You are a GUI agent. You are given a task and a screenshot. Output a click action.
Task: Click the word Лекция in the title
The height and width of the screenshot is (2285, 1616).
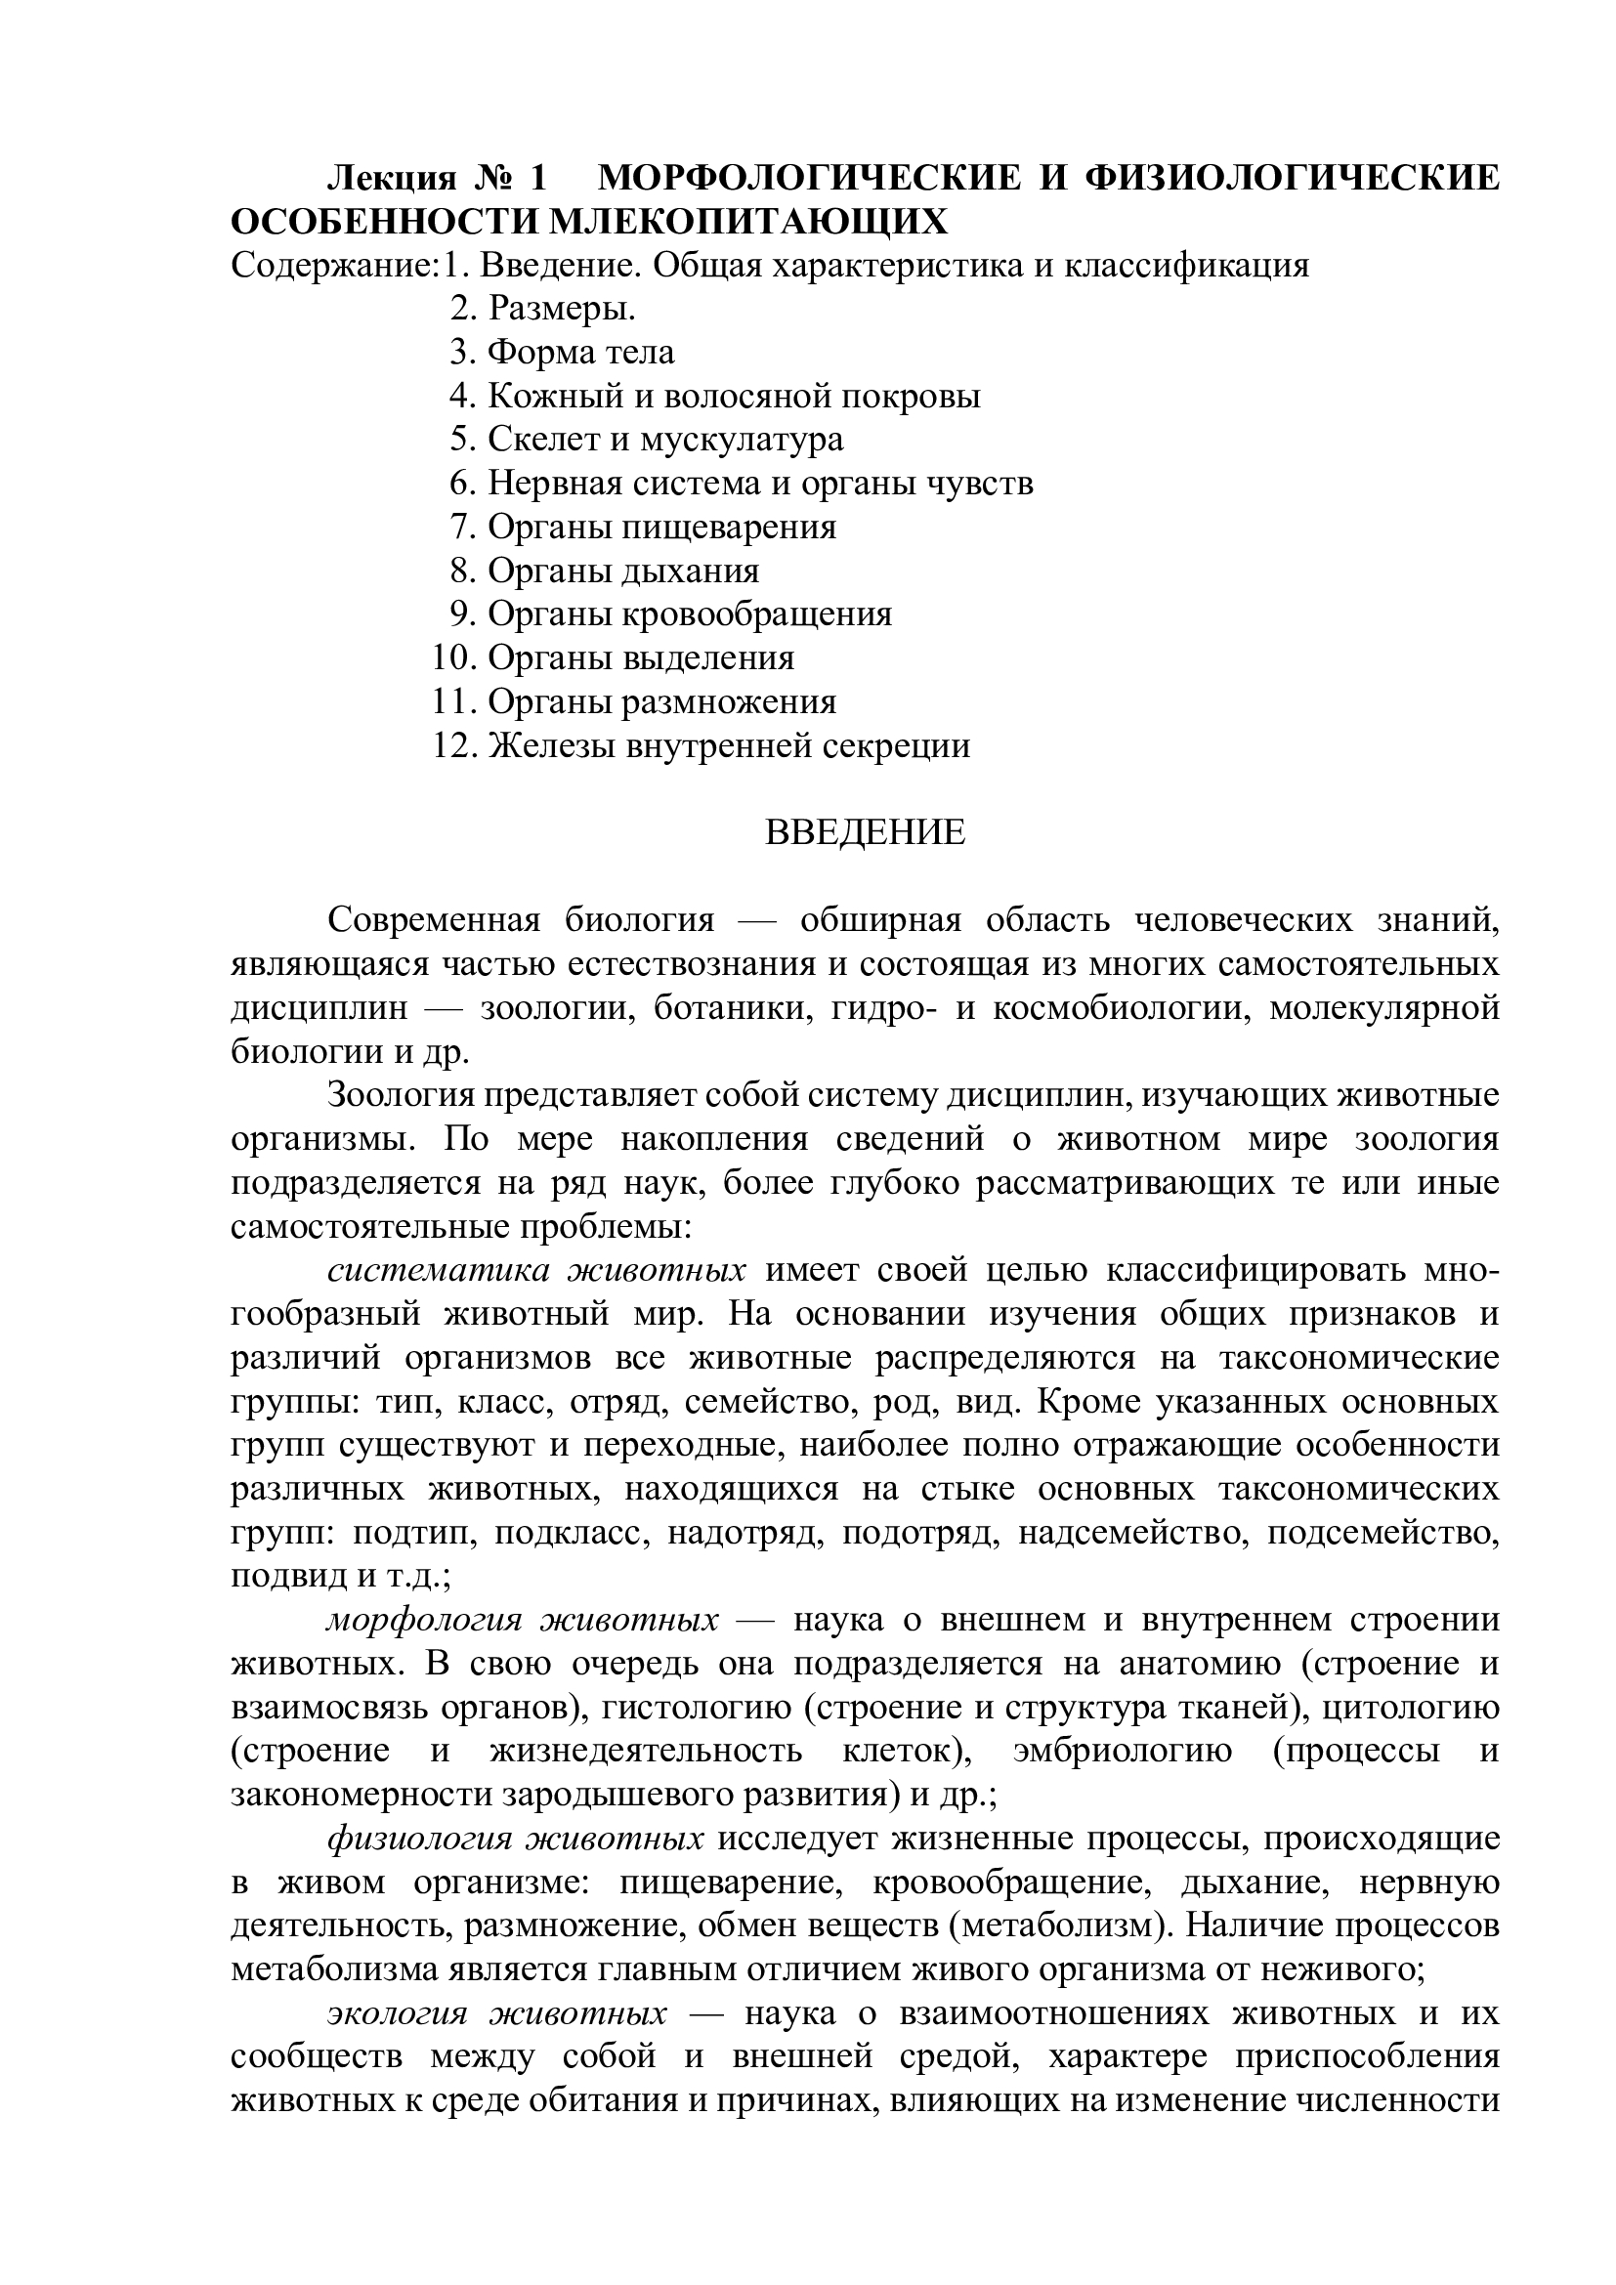tap(392, 178)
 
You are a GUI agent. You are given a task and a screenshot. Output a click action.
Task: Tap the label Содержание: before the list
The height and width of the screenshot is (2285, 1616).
tap(335, 265)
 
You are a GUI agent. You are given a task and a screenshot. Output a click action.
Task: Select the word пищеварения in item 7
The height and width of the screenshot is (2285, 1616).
tap(730, 527)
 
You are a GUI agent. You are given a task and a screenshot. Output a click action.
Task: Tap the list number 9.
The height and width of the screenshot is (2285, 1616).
tap(463, 614)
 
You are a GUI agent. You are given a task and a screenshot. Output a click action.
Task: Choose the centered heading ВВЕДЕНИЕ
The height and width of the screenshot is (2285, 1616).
tap(865, 832)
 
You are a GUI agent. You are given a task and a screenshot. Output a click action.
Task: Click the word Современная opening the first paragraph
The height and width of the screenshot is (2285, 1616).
tap(434, 919)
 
